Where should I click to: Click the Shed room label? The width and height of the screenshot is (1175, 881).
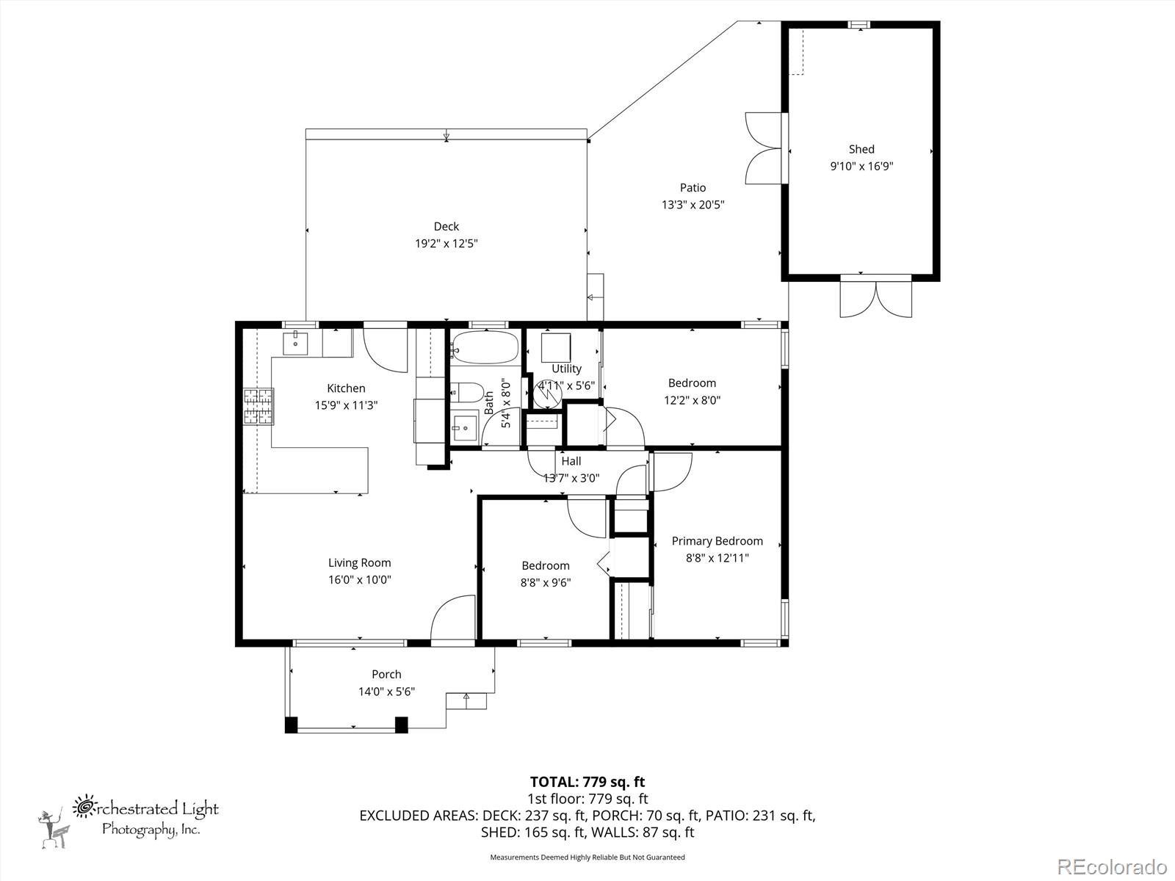click(861, 149)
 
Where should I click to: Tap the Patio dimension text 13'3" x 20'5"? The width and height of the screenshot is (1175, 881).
click(693, 204)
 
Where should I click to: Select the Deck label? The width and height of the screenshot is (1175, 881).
click(446, 226)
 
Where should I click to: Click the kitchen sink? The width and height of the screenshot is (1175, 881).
click(295, 343)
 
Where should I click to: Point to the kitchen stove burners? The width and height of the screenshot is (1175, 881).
click(258, 407)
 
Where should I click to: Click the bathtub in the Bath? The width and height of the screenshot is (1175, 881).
click(485, 348)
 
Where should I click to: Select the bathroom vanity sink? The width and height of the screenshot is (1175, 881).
click(465, 427)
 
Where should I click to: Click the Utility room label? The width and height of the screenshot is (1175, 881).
click(566, 369)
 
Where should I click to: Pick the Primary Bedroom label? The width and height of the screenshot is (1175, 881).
click(717, 541)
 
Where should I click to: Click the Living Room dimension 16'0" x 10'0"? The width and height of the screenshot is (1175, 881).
click(360, 579)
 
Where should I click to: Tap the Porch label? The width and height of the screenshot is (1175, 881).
click(386, 674)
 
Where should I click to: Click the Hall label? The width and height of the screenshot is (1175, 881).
click(571, 460)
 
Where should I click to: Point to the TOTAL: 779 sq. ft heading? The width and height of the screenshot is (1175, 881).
click(587, 781)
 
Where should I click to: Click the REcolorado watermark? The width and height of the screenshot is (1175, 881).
click(1113, 866)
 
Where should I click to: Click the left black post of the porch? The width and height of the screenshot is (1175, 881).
click(291, 725)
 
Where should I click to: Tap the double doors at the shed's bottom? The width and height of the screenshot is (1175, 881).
click(876, 297)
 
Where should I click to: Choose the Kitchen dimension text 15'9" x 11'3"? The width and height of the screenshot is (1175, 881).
click(347, 405)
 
